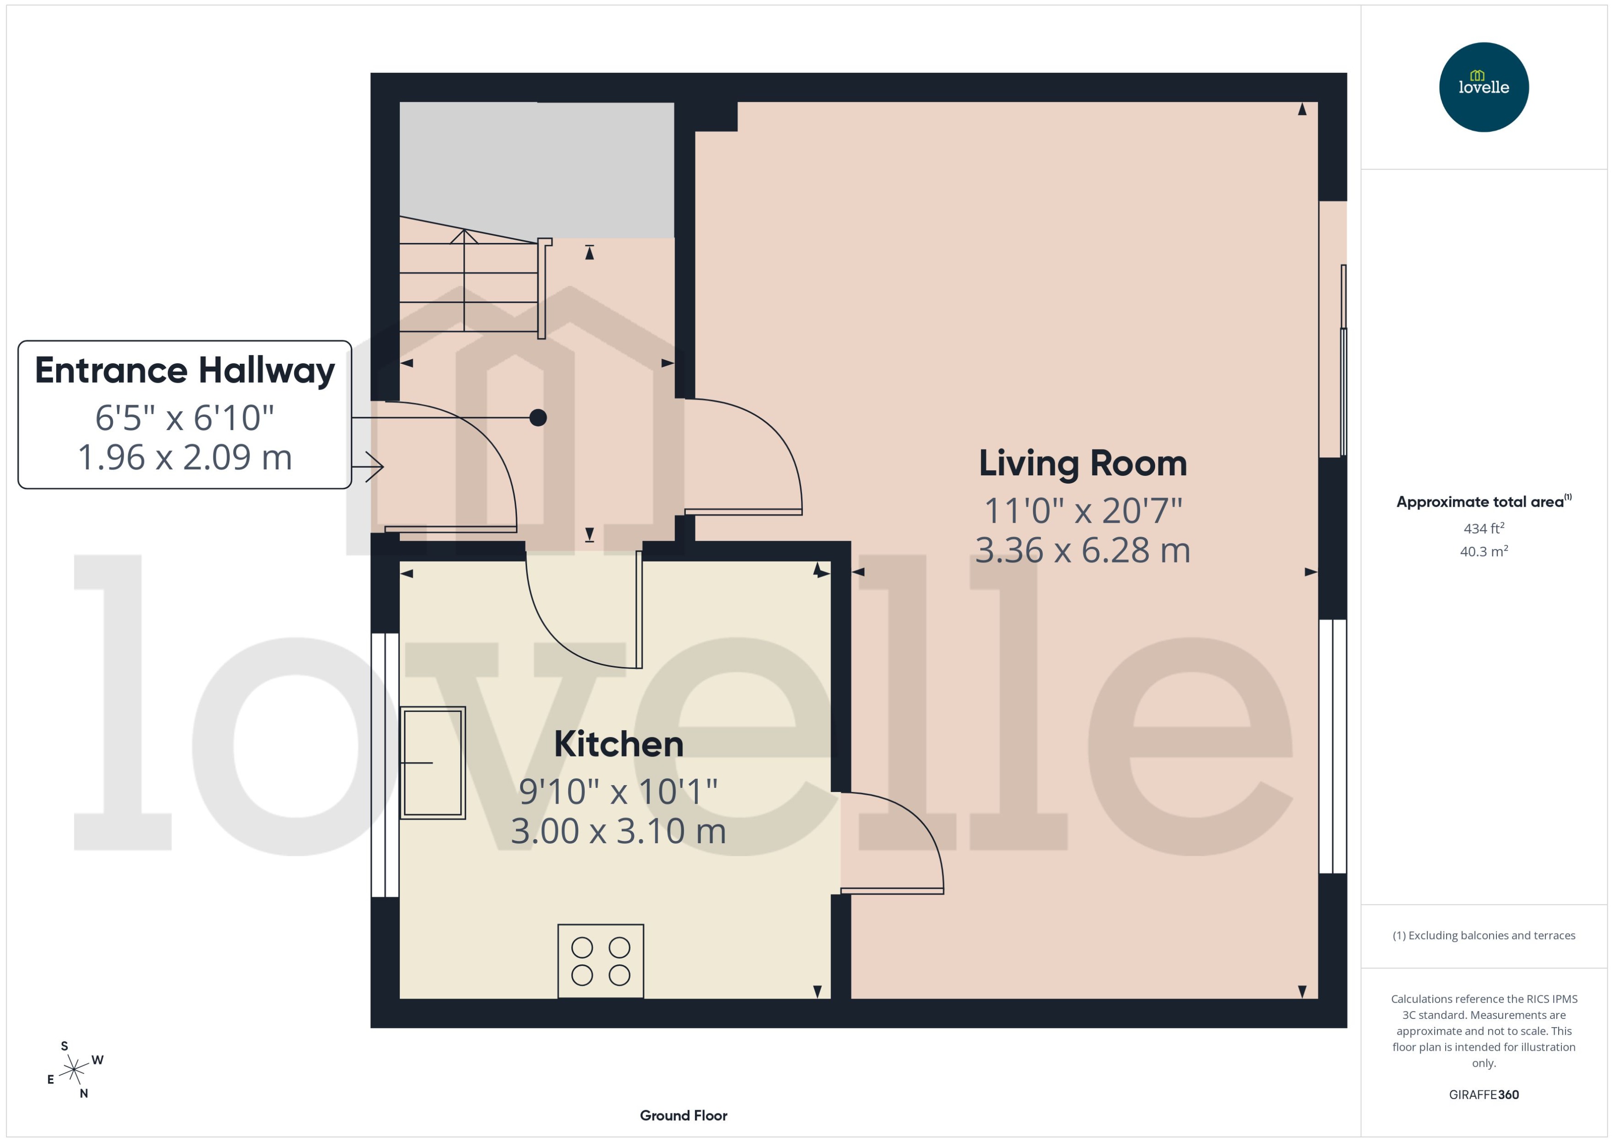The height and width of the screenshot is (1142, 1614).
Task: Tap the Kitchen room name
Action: click(x=618, y=745)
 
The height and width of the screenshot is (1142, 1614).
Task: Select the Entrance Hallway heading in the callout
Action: click(x=184, y=371)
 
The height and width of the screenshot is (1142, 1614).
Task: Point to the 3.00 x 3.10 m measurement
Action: click(x=618, y=831)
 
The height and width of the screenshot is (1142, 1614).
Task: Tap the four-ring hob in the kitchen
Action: click(x=600, y=960)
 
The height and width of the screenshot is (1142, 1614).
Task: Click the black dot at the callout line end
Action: click(x=538, y=418)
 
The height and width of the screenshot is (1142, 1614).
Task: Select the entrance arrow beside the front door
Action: click(x=369, y=466)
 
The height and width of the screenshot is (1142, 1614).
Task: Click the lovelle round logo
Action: click(x=1484, y=87)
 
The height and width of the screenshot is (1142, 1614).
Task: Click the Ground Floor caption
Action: click(x=683, y=1115)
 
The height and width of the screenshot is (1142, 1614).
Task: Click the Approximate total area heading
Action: click(x=1480, y=502)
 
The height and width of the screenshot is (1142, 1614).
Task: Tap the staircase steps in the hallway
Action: click(x=468, y=288)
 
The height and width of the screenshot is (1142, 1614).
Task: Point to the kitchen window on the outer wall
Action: click(x=385, y=765)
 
